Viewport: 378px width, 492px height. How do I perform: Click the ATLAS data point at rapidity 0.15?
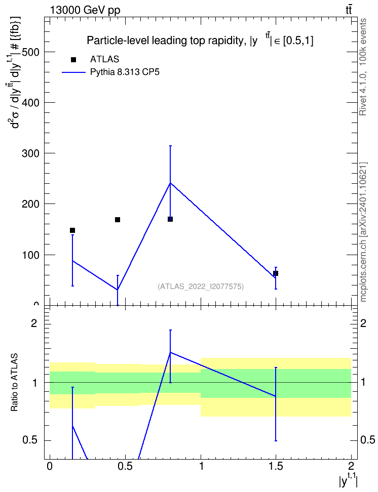pos(72,230)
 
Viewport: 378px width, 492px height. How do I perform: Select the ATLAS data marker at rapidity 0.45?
pos(118,220)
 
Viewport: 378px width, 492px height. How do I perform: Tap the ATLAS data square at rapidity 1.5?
pos(276,273)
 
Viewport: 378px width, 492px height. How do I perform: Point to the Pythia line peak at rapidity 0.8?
pos(170,183)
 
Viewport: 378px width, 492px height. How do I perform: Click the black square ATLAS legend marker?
pos(73,60)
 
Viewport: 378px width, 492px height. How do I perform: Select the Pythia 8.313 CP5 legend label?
pos(125,72)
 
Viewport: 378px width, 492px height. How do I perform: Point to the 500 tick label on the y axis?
pos(30,52)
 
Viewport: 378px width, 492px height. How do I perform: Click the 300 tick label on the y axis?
pos(30,153)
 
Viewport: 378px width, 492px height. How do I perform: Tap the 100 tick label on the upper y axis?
pos(30,255)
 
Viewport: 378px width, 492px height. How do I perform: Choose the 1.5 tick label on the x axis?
pos(276,466)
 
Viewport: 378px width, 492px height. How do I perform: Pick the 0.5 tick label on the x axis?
pos(125,466)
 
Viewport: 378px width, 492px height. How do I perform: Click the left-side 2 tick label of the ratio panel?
pos(34,323)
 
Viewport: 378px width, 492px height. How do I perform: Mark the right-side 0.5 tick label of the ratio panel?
pos(368,440)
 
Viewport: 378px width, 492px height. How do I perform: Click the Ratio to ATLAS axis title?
pos(15,382)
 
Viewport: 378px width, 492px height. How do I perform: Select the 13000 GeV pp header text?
pos(85,11)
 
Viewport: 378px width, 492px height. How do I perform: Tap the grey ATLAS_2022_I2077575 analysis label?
pos(201,286)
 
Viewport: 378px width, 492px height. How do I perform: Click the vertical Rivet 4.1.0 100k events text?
pos(363,67)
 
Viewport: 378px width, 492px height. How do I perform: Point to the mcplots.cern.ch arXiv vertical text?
pos(363,232)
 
